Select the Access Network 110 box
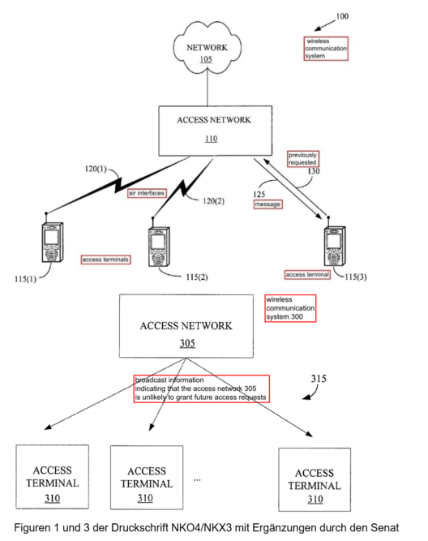[x=215, y=131]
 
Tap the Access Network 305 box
[x=186, y=326]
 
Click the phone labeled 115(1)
[x=53, y=242]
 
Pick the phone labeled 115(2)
[x=159, y=246]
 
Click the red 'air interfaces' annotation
[x=147, y=193]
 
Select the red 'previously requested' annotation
[x=303, y=159]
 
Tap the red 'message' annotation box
[x=267, y=204]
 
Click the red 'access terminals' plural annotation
[x=105, y=260]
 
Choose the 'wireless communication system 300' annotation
[x=290, y=308]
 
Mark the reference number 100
[x=342, y=16]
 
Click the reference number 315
[x=319, y=379]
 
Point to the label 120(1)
[x=96, y=169]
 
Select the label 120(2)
[x=213, y=201]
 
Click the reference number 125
[x=259, y=194]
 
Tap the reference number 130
[x=314, y=171]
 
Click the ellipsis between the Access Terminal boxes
[x=197, y=480]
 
